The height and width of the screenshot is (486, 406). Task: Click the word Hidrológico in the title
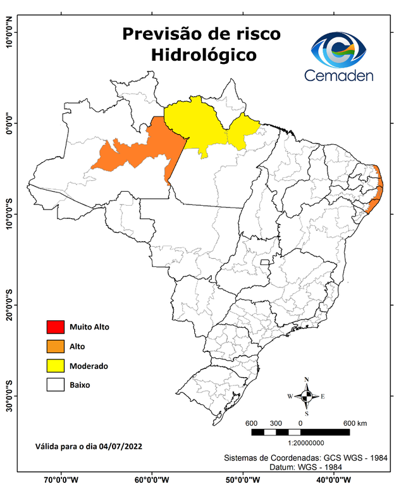click(x=204, y=55)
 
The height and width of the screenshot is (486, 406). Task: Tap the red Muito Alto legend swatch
click(x=55, y=327)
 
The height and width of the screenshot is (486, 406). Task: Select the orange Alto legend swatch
click(x=55, y=346)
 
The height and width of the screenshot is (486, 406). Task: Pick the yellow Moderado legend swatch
click(x=55, y=366)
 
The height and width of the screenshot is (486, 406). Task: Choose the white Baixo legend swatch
click(x=55, y=385)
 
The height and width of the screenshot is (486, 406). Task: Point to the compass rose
click(x=307, y=397)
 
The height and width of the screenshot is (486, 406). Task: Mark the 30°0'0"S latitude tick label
click(x=9, y=396)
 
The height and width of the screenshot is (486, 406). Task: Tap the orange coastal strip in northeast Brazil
click(x=378, y=190)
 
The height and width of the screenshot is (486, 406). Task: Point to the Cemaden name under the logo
click(x=338, y=75)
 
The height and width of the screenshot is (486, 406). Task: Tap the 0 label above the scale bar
click(x=300, y=423)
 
